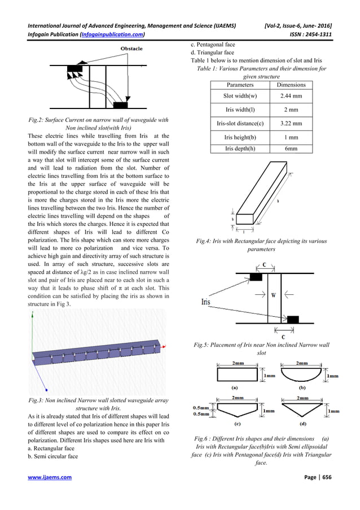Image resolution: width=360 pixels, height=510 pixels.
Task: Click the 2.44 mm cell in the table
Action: coord(290,97)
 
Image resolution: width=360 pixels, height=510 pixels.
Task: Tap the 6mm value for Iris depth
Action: coord(290,149)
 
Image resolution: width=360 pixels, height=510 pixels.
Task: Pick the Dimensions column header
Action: coord(290,85)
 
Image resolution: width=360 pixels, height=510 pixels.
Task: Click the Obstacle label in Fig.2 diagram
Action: coord(131,49)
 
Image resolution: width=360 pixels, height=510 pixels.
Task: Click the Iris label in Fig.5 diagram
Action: coord(209,303)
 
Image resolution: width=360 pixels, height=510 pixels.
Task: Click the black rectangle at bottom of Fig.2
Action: coord(120,106)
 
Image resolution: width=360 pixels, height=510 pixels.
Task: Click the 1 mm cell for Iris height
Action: coord(290,137)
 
